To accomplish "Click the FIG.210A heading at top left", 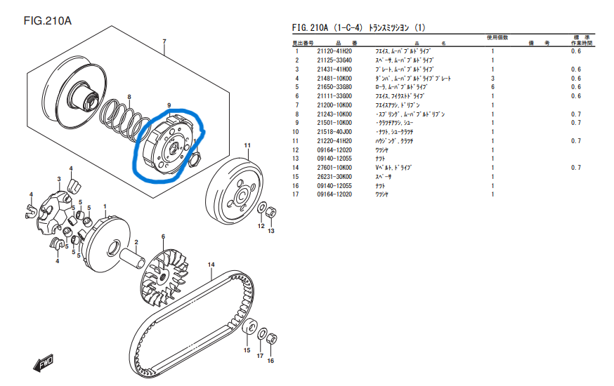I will (x=48, y=20).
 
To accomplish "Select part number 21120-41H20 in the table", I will (x=334, y=51).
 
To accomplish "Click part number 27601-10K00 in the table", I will (x=334, y=168).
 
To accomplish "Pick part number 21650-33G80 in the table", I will (x=334, y=87).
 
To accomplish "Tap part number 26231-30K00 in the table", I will (x=334, y=177).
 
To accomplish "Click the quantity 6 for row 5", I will (x=492, y=87).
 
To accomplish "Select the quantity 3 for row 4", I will (x=492, y=78).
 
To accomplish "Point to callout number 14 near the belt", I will (x=209, y=264).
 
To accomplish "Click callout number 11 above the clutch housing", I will (x=247, y=145).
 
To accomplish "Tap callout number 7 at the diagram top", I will (x=164, y=41).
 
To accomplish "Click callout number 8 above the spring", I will (x=129, y=96).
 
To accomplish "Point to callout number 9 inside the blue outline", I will (x=169, y=106).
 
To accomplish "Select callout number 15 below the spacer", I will (x=247, y=350).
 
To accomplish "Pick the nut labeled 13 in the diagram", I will (x=270, y=211).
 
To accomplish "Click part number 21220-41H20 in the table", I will (x=334, y=141).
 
